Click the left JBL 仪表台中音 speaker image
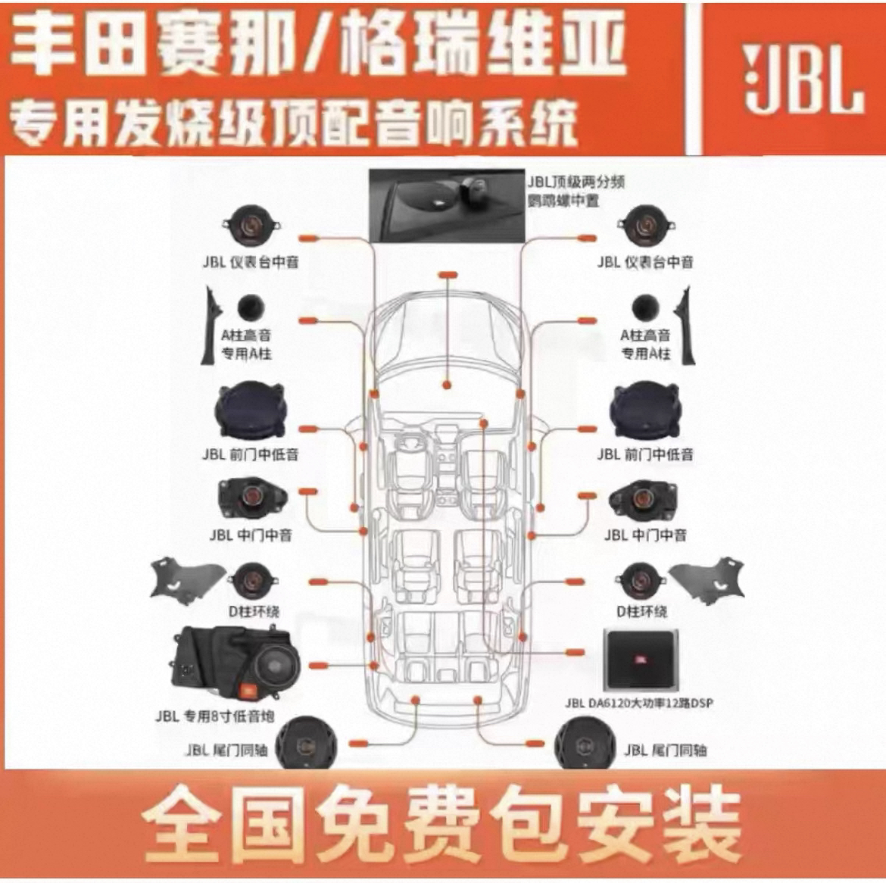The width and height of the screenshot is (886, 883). click(252, 225)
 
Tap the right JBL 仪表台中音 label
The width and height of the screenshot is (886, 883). click(644, 262)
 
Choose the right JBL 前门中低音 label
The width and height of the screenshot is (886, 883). click(644, 454)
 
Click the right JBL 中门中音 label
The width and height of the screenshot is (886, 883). click(644, 535)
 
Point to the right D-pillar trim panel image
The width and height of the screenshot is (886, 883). click(710, 579)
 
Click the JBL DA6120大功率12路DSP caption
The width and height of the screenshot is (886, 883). click(638, 703)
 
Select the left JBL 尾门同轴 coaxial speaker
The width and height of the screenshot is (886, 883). click(306, 743)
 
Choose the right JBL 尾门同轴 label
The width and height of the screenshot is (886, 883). click(665, 750)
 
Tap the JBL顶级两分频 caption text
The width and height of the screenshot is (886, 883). click(576, 183)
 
